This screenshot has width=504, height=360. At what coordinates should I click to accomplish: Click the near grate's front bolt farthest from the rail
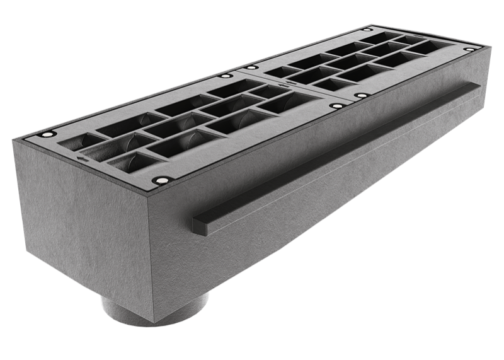[46, 136]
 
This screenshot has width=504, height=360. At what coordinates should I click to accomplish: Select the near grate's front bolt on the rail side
[163, 180]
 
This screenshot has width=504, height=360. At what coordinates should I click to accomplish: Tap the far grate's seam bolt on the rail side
[362, 95]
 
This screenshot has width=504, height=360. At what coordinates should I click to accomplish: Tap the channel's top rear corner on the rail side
[489, 47]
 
